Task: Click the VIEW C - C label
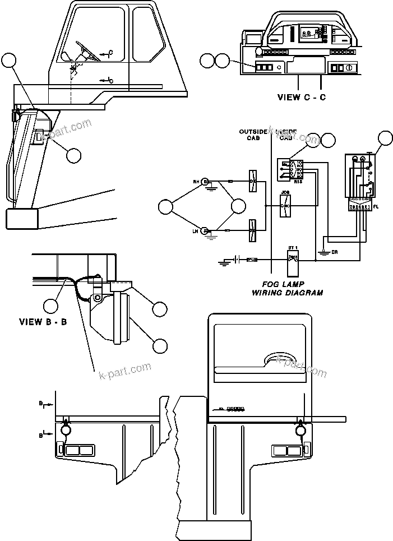(x=301, y=97)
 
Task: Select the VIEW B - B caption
(x=43, y=322)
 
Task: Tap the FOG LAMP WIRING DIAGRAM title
(x=286, y=289)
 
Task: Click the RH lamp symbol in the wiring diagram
(x=206, y=182)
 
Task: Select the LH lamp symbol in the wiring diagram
(x=206, y=230)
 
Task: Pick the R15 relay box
(x=290, y=170)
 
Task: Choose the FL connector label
(x=376, y=207)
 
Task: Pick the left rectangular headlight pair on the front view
(x=80, y=450)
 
